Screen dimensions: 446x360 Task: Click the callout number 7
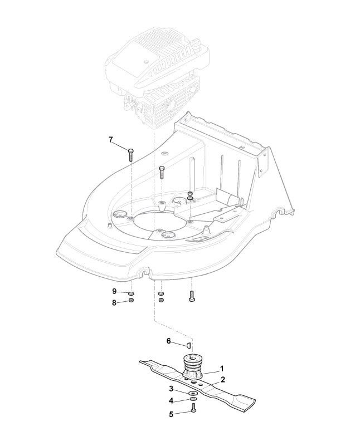click(110, 139)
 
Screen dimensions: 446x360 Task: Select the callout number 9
click(114, 291)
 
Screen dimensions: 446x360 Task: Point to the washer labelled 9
click(131, 293)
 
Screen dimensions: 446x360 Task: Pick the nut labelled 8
click(131, 301)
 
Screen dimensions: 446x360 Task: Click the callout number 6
click(168, 341)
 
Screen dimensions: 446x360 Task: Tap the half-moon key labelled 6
click(189, 345)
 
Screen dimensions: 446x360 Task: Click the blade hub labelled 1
click(193, 367)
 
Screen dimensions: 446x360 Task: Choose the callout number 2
click(222, 379)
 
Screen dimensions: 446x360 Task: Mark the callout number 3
click(172, 388)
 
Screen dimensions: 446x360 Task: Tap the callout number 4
click(172, 400)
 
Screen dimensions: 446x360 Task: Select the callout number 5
click(172, 414)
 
